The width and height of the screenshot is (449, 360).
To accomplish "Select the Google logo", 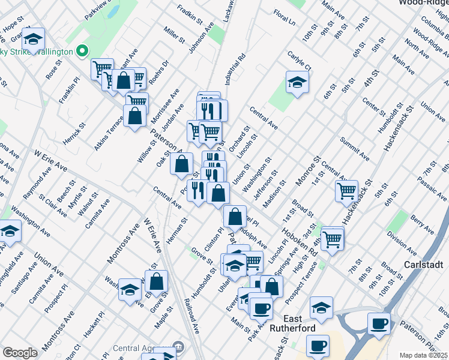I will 20,353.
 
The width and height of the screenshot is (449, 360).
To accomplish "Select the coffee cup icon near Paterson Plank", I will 379,324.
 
